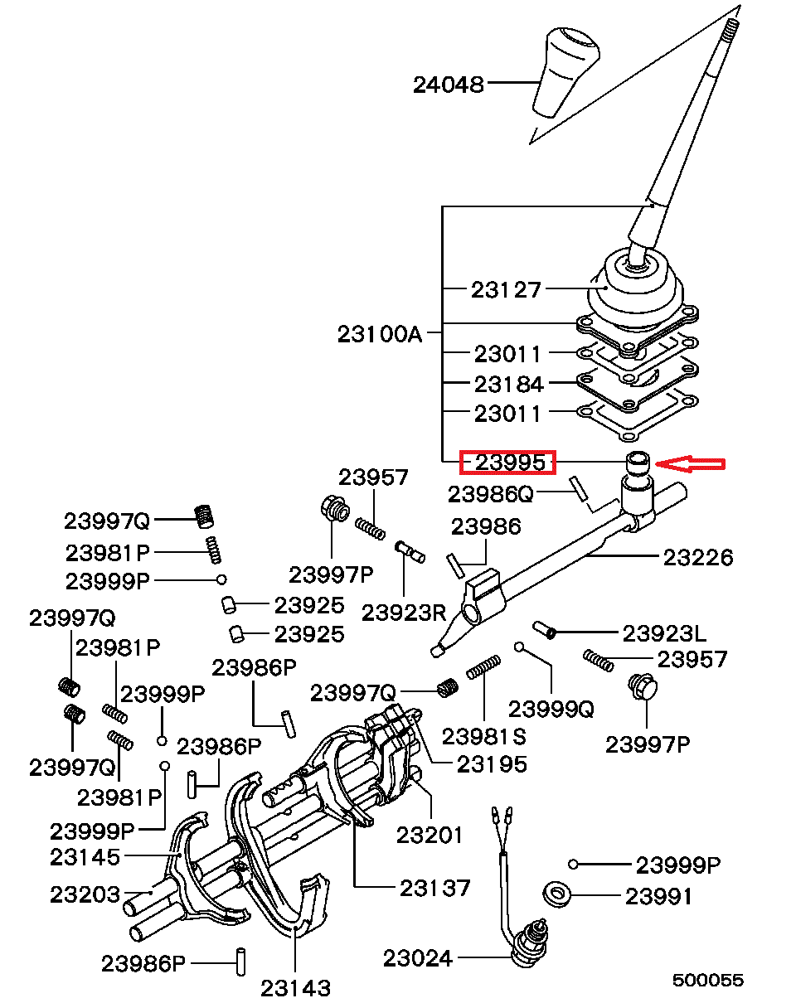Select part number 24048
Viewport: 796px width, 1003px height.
[x=449, y=84]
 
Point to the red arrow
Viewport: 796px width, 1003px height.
[x=690, y=463]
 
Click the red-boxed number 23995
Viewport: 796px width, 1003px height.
[x=509, y=463]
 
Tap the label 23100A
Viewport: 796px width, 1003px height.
[x=380, y=334]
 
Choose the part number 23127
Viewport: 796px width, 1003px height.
[x=506, y=289]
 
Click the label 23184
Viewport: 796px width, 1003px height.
[x=509, y=384]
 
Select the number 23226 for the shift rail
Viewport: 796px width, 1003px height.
[x=698, y=558]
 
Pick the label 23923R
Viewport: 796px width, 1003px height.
[x=404, y=613]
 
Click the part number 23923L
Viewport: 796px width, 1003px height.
[x=664, y=633]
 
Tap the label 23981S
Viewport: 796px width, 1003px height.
[x=484, y=736]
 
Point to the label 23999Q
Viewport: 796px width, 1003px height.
[x=551, y=709]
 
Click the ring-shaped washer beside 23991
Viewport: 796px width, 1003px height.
[x=556, y=895]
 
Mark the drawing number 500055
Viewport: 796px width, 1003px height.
[x=707, y=981]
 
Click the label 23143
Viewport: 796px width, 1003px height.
[x=295, y=987]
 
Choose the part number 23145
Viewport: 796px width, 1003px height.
[x=85, y=856]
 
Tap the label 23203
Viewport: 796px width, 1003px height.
[x=85, y=894]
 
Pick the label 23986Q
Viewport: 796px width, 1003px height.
[x=491, y=494]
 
